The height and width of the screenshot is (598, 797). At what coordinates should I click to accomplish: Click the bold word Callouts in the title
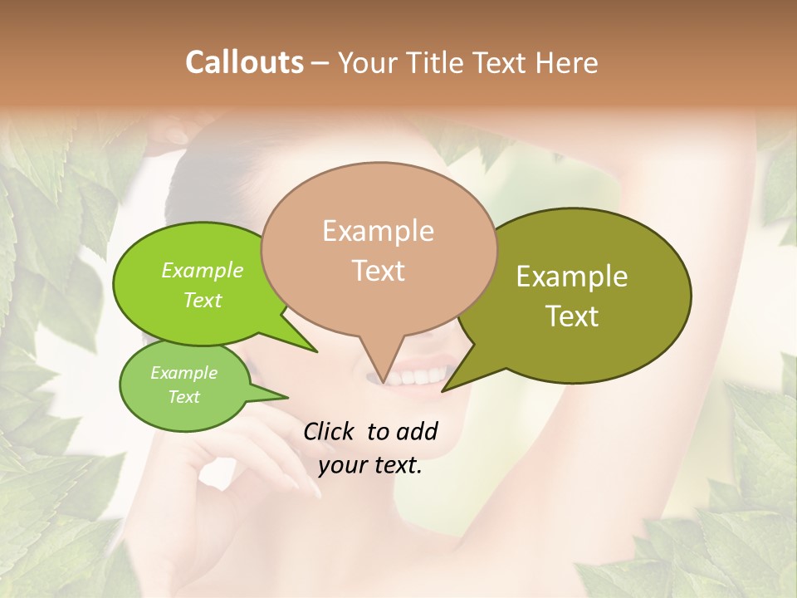pos(244,62)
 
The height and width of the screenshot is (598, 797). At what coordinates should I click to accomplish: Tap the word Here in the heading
pos(566,62)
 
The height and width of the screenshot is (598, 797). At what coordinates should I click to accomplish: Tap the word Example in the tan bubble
pos(378,231)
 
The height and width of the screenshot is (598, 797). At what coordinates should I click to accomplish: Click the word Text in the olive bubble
pos(572,316)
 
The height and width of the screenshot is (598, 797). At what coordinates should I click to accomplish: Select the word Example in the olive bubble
pos(572,277)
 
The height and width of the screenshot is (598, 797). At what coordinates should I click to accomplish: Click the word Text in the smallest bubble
pos(183,397)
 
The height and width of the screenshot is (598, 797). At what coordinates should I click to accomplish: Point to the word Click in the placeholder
pos(329,431)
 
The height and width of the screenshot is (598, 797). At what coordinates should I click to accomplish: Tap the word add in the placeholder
pos(418,431)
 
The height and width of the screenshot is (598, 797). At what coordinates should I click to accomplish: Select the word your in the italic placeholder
pos(341,465)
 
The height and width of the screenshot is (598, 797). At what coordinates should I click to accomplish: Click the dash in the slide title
pos(321,62)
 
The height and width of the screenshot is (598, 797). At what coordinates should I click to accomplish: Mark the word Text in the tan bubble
pos(379,271)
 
